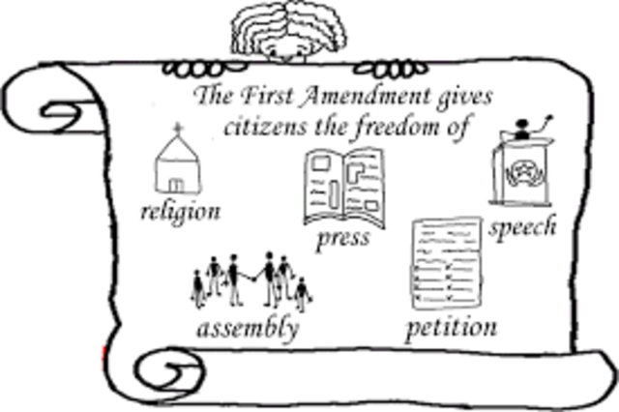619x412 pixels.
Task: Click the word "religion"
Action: (179, 210)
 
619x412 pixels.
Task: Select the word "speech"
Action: (522, 228)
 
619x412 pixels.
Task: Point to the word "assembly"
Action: (248, 327)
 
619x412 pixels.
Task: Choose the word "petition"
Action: (451, 327)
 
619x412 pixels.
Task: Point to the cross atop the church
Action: (176, 128)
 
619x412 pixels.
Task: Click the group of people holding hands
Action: (251, 280)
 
